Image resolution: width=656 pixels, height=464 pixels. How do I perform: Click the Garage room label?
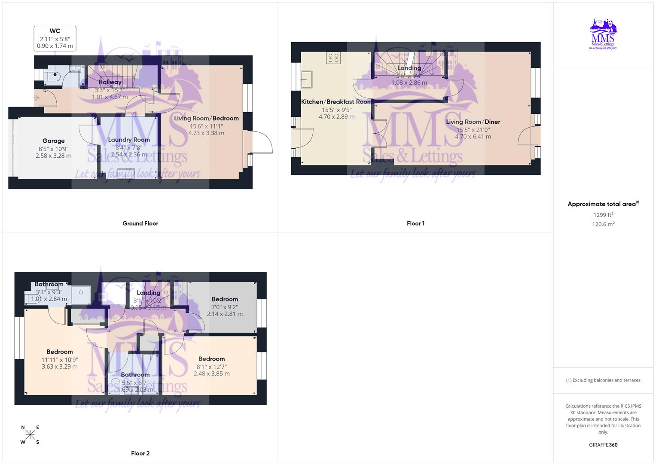point(54,141)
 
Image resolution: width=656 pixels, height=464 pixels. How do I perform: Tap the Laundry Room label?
point(129,140)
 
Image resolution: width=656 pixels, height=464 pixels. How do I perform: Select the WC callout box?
point(55,38)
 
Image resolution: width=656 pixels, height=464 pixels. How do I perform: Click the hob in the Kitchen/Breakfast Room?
point(333,58)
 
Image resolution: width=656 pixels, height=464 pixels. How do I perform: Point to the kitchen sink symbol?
point(307,79)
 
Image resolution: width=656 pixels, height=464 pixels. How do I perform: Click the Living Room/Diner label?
point(473,122)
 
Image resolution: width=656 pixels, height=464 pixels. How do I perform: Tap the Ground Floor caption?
point(140,223)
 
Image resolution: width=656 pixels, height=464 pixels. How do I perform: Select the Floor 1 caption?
point(415,223)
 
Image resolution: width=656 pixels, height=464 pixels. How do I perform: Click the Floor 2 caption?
point(140,453)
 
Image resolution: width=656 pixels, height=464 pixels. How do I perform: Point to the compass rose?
point(30,435)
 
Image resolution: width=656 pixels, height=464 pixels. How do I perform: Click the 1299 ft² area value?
point(603,215)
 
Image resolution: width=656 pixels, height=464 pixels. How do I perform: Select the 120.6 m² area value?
point(603,224)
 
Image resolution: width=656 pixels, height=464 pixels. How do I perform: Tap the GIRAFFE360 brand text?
point(603,445)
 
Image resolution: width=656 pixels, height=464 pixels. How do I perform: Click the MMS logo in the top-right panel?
point(603,34)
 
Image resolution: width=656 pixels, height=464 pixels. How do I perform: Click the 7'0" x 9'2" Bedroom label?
point(225,299)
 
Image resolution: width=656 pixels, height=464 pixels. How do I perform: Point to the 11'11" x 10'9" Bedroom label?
point(60,352)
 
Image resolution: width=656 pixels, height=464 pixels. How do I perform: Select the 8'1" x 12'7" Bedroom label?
point(211,359)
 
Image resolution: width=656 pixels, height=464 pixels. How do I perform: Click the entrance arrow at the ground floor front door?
point(36,98)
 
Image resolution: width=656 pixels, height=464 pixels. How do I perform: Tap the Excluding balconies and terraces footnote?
point(603,380)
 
